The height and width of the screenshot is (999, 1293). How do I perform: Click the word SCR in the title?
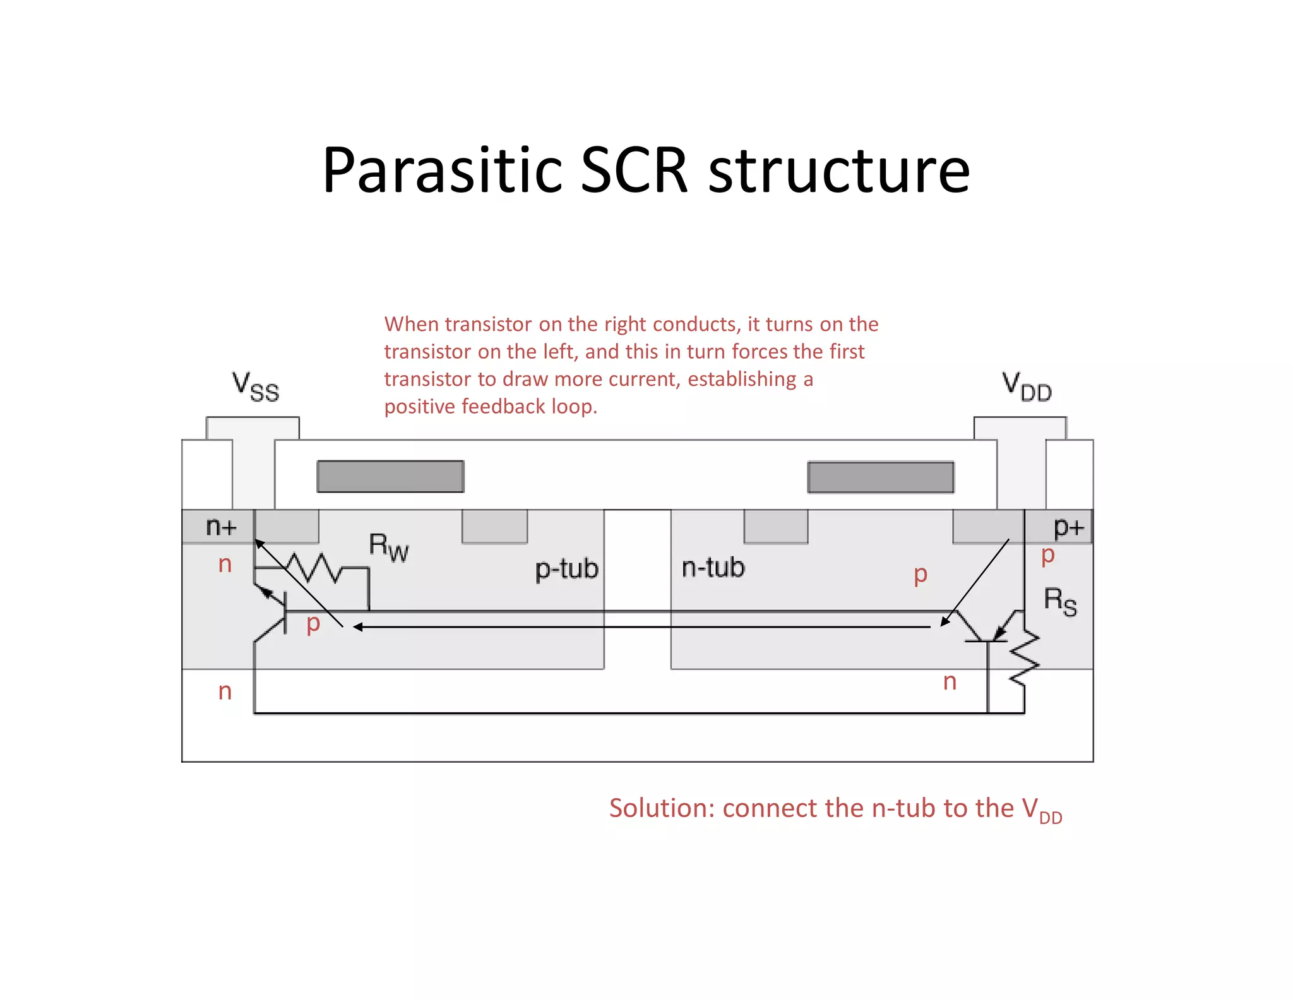[x=633, y=170]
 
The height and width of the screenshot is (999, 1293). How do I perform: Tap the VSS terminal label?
[x=255, y=386]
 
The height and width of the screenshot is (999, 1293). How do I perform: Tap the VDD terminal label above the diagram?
[x=1027, y=386]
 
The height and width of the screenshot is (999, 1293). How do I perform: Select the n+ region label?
[x=221, y=526]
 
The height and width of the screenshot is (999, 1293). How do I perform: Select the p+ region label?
[x=1068, y=526]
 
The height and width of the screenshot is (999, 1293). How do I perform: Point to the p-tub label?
[x=566, y=569]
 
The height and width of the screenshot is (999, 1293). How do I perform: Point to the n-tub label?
[x=713, y=568]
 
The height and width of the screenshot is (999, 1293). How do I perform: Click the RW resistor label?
[x=388, y=547]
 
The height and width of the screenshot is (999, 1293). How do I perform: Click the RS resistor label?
[x=1060, y=601]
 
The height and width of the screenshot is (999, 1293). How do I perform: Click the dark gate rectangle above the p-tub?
[x=390, y=476]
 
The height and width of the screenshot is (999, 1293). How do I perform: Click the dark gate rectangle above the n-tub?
[x=881, y=477]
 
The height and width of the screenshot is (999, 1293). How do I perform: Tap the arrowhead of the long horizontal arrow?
[x=358, y=627]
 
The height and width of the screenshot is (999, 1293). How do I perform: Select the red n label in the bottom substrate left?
[x=225, y=691]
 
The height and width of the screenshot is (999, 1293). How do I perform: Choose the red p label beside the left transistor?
[x=313, y=624]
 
